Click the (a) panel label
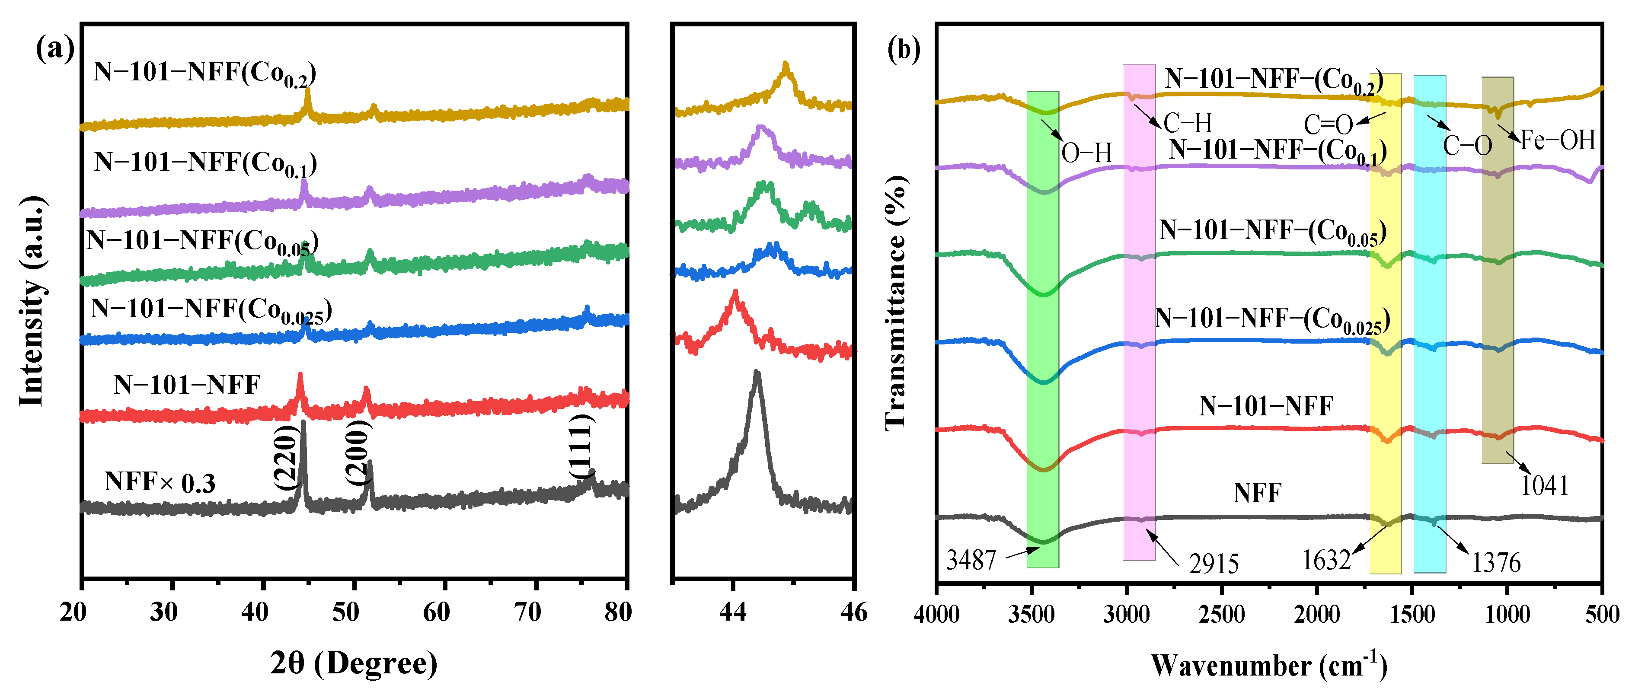(55, 48)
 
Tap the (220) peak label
(286, 456)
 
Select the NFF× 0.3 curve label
(160, 483)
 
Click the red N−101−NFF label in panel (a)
(187, 385)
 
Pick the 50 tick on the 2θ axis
(345, 612)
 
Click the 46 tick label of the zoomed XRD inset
(853, 612)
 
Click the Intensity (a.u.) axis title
(32, 301)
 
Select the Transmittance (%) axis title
(896, 303)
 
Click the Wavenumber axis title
(1268, 665)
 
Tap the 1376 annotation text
(1496, 562)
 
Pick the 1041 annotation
(1545, 486)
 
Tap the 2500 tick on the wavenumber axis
(1221, 614)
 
